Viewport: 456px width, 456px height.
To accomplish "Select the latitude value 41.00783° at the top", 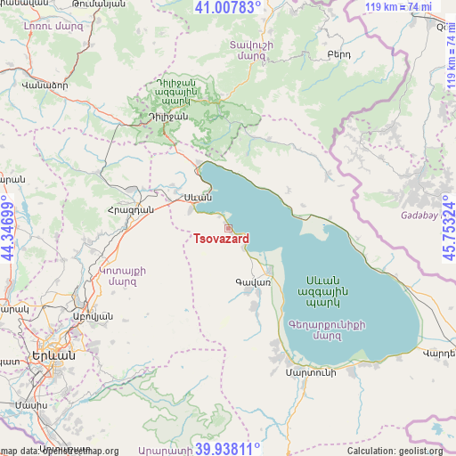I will tap(228, 8).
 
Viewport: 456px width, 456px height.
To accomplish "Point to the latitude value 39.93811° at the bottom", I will tap(228, 448).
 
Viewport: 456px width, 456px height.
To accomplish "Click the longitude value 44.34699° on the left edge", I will tap(7, 228).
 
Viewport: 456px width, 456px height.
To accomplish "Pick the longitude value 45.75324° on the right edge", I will tap(448, 228).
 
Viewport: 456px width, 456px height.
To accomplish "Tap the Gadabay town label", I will tap(419, 216).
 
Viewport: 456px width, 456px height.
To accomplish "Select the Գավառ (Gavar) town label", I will tap(253, 282).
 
